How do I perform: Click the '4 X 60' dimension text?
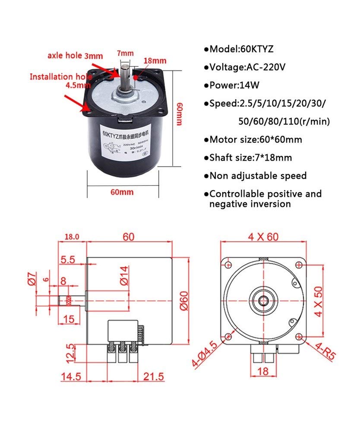[x=264, y=236]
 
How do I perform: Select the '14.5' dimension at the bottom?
[x=71, y=376]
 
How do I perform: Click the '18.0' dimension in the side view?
[x=72, y=236]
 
